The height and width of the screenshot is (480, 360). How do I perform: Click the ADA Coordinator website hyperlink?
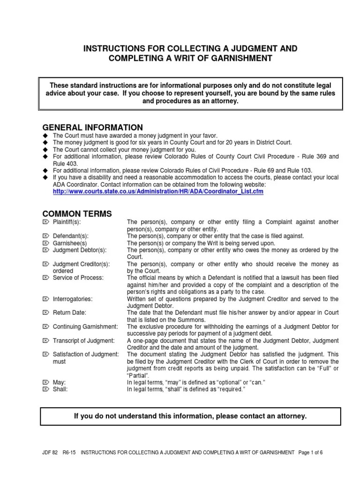pyautogui.click(x=158, y=192)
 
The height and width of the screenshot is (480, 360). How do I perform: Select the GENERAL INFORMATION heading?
pyautogui.click(x=93, y=127)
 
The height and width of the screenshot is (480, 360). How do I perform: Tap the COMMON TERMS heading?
pyautogui.click(x=77, y=214)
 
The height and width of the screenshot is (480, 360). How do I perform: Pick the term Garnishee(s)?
pyautogui.click(x=70, y=243)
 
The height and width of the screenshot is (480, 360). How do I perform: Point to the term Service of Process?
pyautogui.click(x=78, y=277)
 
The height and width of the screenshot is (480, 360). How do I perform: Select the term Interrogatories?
pyautogui.click(x=72, y=299)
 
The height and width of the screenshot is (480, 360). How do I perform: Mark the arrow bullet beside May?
pyautogui.click(x=45, y=382)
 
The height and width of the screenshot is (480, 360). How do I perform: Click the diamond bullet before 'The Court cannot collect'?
pyautogui.click(x=45, y=149)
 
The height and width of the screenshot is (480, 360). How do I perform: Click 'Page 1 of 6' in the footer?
pyautogui.click(x=311, y=453)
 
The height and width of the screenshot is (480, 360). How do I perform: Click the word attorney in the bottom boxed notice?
pyautogui.click(x=286, y=416)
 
